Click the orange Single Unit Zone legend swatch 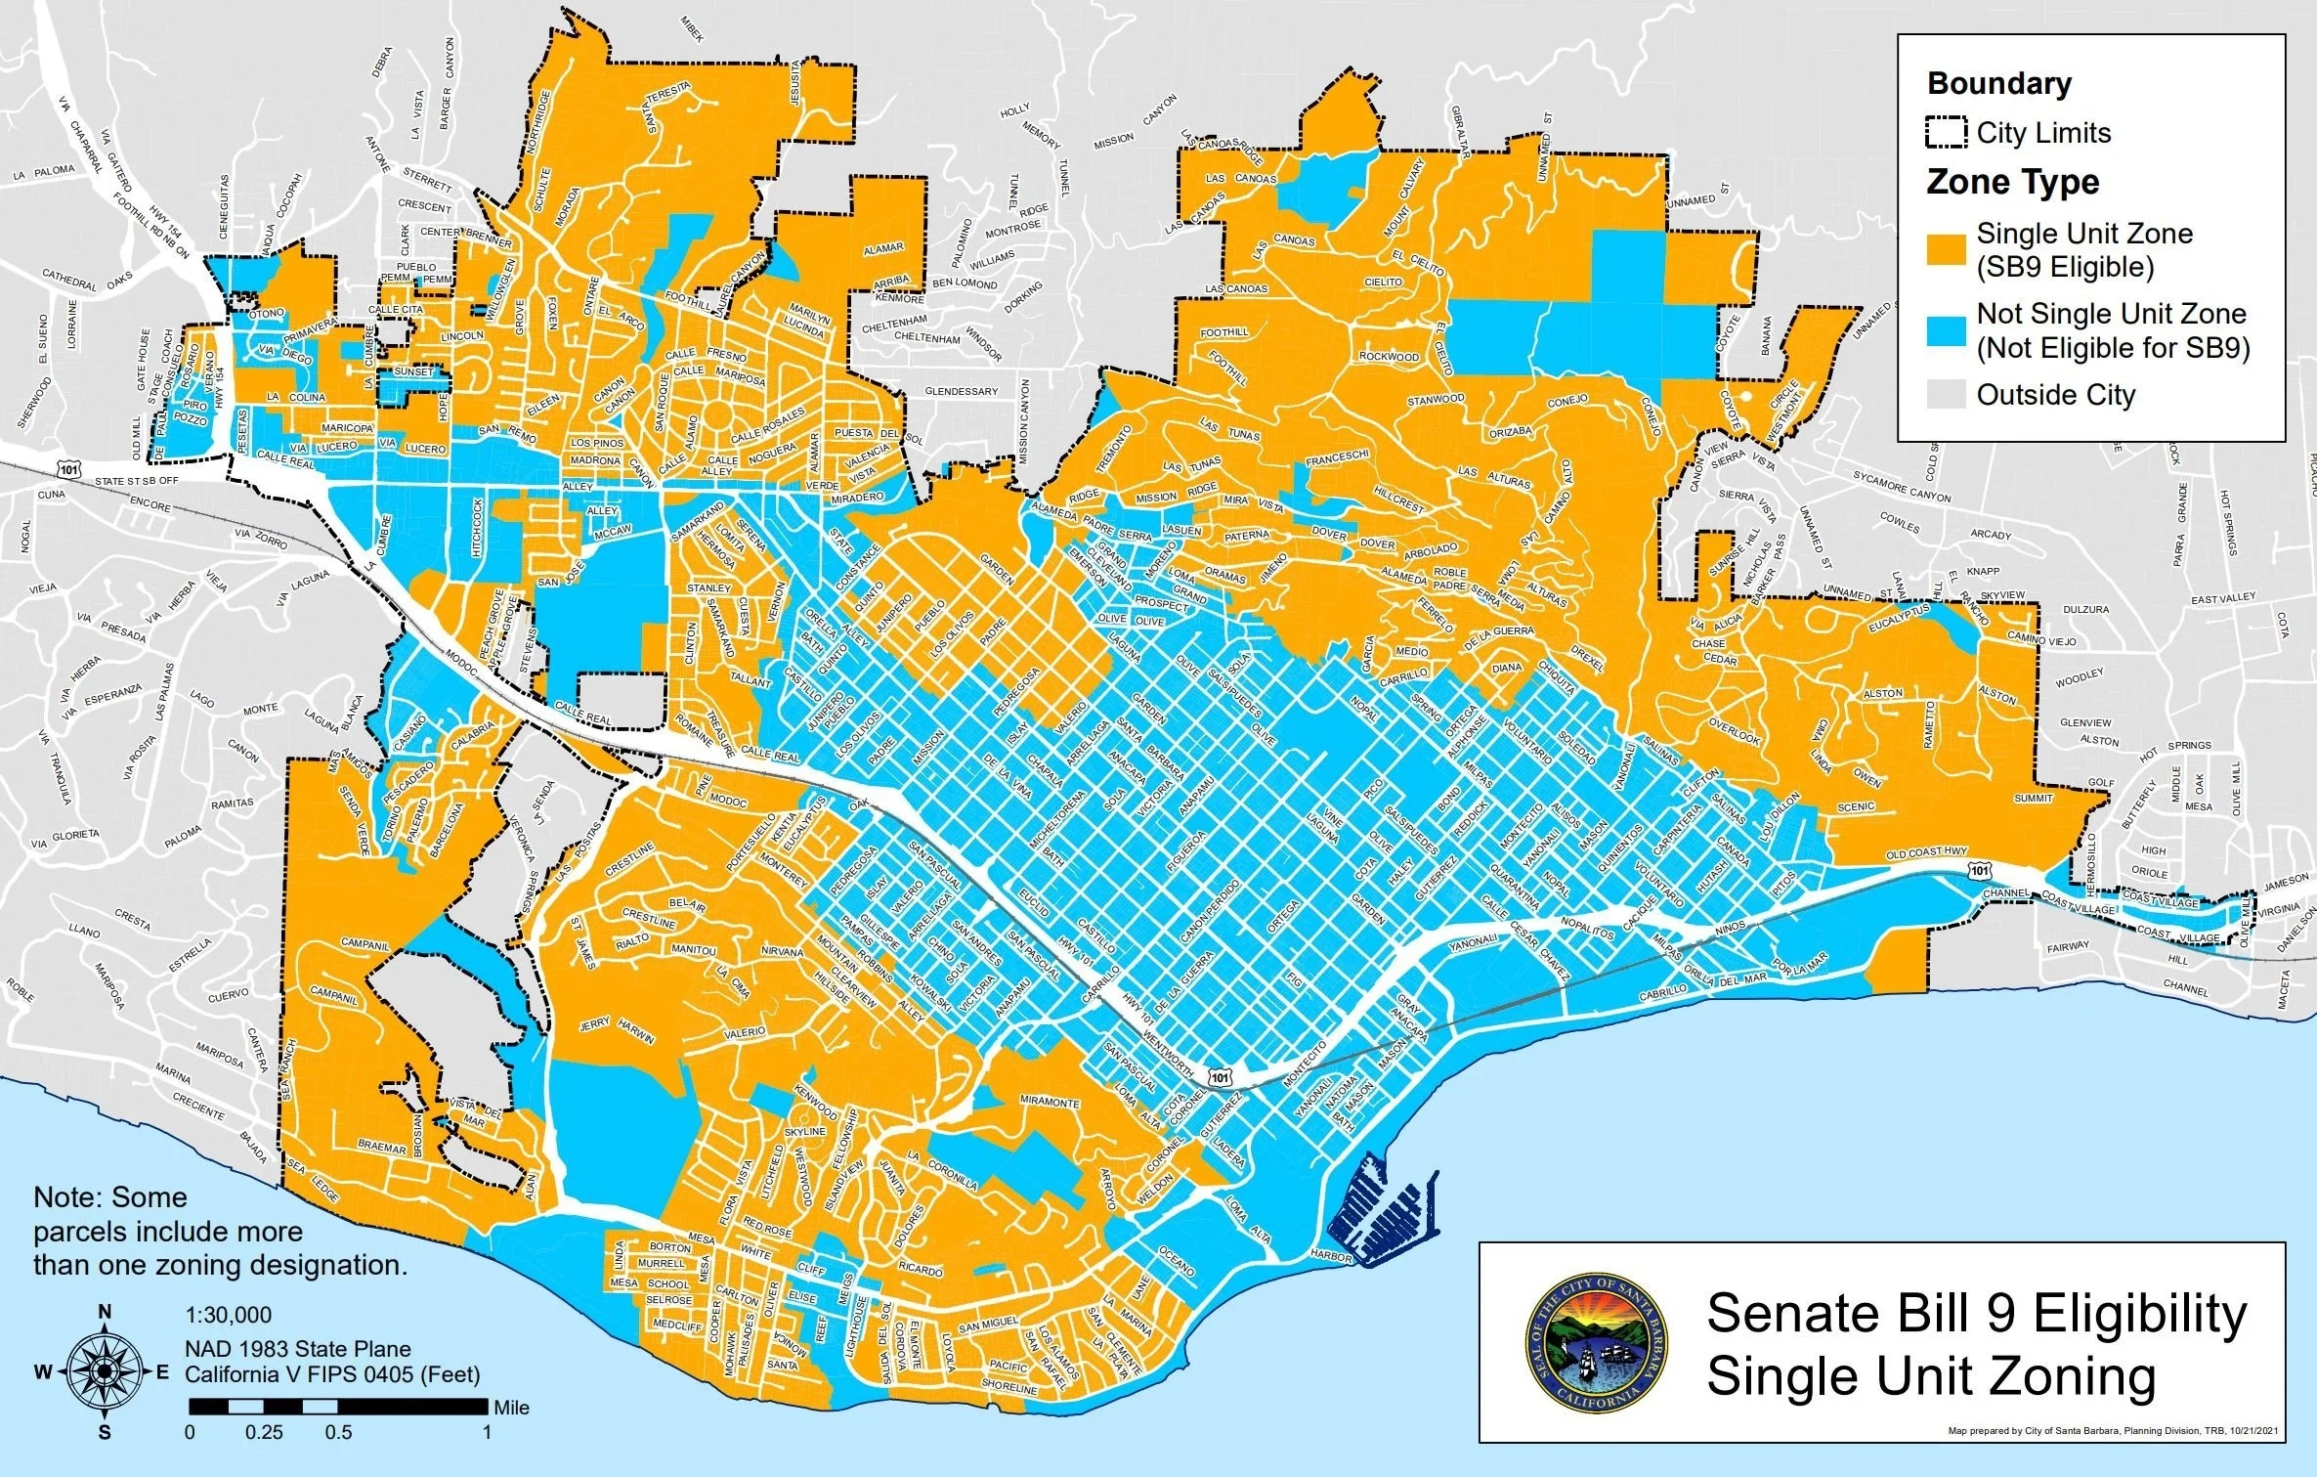point(1947,249)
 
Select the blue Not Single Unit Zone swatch point(1947,330)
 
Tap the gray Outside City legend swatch point(1947,395)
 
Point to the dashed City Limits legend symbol point(1947,133)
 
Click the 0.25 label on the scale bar point(264,1432)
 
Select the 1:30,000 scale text point(229,1315)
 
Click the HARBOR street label point(1330,1254)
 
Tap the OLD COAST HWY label point(1926,852)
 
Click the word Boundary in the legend point(1998,84)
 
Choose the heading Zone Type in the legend point(2012,183)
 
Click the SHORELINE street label point(1008,1387)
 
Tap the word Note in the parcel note point(67,1197)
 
